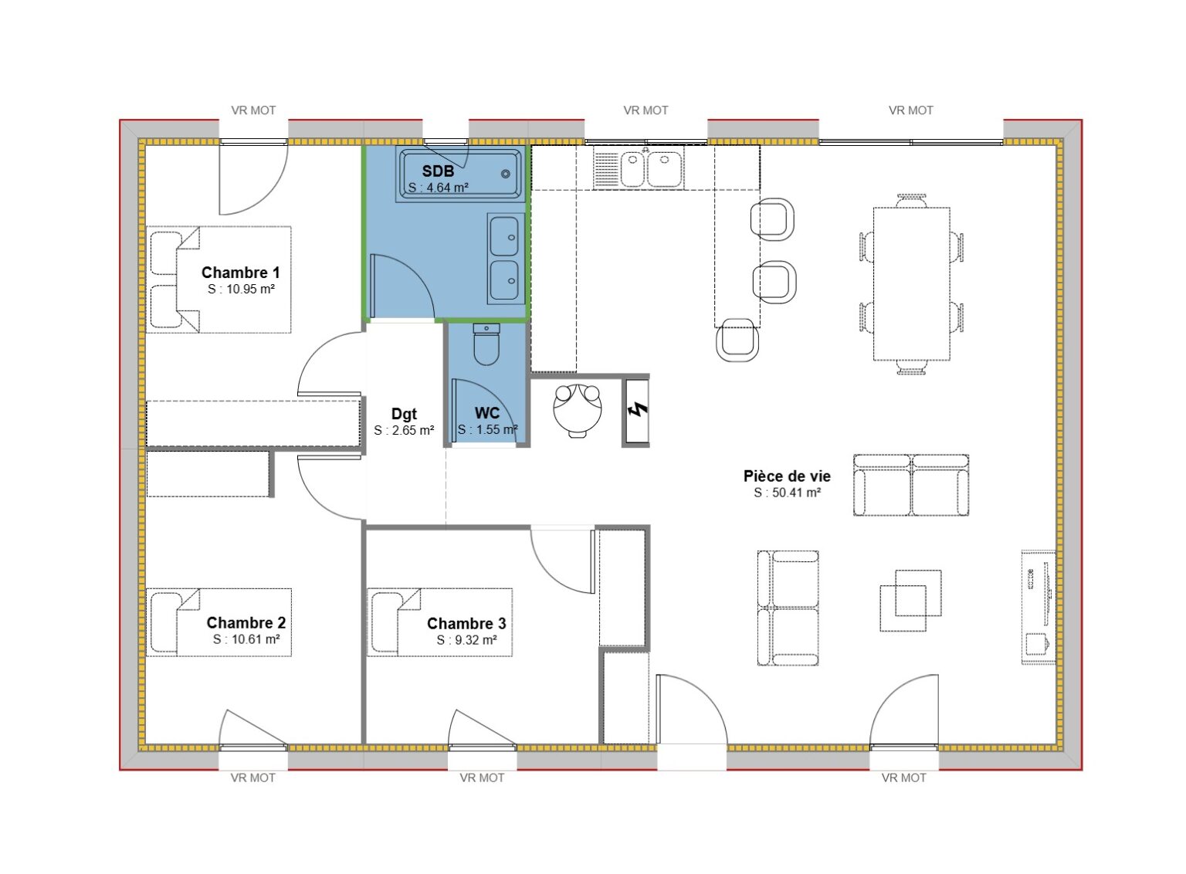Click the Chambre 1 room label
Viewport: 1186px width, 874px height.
pos(240,273)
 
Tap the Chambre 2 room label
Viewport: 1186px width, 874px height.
pos(246,622)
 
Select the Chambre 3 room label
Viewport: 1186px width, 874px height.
pos(466,623)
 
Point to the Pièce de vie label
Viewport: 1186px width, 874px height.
pos(787,476)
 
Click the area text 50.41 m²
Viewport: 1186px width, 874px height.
pos(787,493)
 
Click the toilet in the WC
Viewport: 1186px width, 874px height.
pos(486,344)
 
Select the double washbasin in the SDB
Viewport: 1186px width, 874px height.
pos(506,259)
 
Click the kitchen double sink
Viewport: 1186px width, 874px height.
pos(648,168)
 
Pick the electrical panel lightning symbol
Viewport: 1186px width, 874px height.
pos(637,410)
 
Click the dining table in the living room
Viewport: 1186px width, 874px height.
pos(911,283)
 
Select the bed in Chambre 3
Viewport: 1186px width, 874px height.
pos(439,622)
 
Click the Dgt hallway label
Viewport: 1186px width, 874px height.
pos(404,414)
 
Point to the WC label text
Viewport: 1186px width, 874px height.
pos(487,413)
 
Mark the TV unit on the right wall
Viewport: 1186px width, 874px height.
pos(1038,606)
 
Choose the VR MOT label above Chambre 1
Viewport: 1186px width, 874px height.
pos(253,110)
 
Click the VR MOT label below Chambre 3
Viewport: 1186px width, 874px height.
pos(482,777)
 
